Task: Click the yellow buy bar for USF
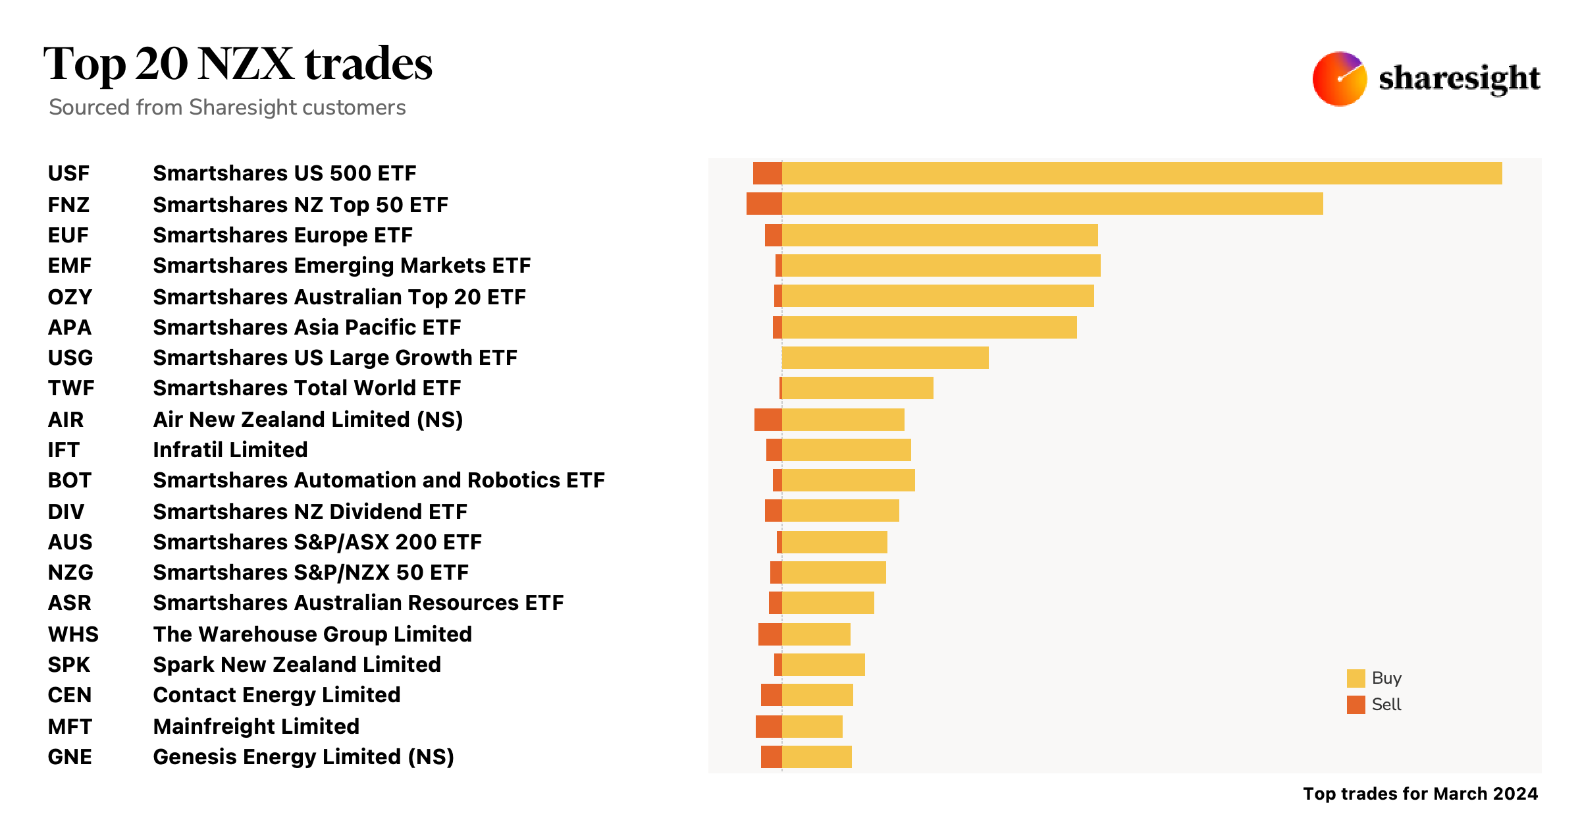point(1142,173)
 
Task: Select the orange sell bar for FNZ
point(764,204)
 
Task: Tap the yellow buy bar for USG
point(885,358)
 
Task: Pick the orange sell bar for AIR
point(768,420)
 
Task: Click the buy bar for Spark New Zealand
point(823,665)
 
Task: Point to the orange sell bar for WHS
point(770,634)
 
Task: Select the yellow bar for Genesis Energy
point(816,757)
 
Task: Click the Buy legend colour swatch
point(1356,678)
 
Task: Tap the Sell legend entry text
point(1386,705)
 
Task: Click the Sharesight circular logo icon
point(1339,79)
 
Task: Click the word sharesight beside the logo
point(1459,79)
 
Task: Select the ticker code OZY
point(70,297)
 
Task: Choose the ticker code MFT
point(70,727)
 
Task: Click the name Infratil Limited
point(230,450)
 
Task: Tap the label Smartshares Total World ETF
point(307,388)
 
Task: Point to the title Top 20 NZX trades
point(238,64)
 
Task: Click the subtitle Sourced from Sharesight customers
point(227,107)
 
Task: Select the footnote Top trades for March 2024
point(1420,794)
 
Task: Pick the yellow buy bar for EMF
point(941,265)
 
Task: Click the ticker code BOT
point(69,480)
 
